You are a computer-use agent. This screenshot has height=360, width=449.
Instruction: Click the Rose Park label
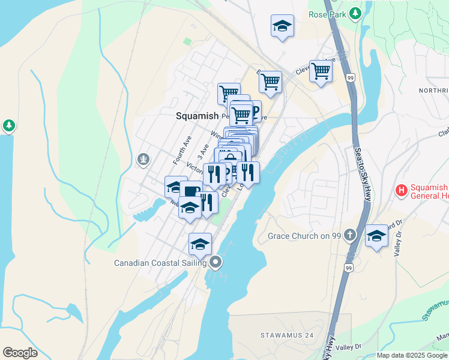(328, 14)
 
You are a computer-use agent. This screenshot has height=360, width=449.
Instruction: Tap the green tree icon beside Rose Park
(355, 13)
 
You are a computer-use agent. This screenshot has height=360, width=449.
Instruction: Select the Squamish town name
(196, 116)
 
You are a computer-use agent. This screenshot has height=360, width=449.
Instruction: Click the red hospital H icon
(401, 191)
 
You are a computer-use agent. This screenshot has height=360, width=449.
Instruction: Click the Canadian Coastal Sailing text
(161, 262)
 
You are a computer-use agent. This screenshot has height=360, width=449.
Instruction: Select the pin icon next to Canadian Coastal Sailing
(215, 262)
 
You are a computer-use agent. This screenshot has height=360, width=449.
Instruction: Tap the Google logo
(20, 353)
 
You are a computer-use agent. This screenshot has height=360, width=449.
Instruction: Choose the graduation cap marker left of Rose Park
(282, 26)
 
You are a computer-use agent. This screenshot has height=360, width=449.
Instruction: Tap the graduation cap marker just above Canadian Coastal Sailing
(200, 243)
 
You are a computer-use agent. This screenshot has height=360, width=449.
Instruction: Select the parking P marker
(255, 110)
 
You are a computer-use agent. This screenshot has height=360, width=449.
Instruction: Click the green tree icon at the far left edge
(9, 125)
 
